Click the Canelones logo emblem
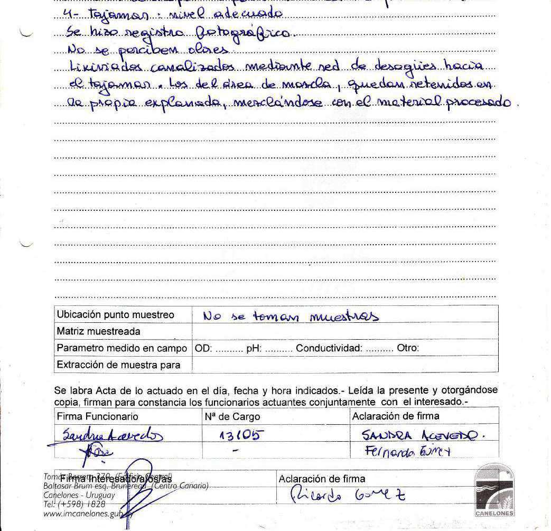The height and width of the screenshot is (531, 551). pyautogui.click(x=494, y=490)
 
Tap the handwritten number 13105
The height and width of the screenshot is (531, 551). pyautogui.click(x=241, y=435)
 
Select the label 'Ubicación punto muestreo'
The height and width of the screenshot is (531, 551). pyautogui.click(x=115, y=315)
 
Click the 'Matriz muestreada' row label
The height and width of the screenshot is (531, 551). pyautogui.click(x=98, y=332)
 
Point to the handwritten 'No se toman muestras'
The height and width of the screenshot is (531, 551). pyautogui.click(x=291, y=316)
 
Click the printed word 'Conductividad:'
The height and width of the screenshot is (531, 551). pyautogui.click(x=329, y=348)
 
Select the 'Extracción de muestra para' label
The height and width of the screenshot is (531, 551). pyautogui.click(x=118, y=365)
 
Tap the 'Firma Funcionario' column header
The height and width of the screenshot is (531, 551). pyautogui.click(x=97, y=416)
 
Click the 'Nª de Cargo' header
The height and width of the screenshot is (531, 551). pyautogui.click(x=232, y=416)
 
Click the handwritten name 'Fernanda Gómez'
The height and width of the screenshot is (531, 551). pyautogui.click(x=406, y=451)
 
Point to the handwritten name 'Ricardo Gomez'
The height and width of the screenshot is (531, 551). pyautogui.click(x=349, y=496)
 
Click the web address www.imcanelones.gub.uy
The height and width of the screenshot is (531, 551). pyautogui.click(x=88, y=513)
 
